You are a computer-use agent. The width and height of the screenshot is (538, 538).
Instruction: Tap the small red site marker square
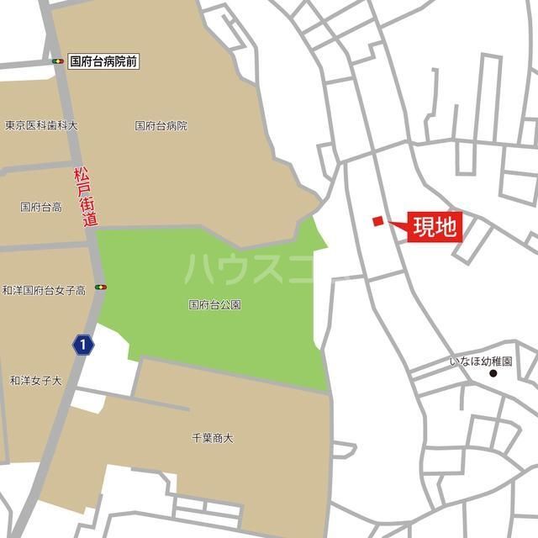[377, 221]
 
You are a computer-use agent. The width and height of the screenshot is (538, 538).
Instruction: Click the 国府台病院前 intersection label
[104, 61]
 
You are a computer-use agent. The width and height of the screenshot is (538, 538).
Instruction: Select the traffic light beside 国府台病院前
[57, 61]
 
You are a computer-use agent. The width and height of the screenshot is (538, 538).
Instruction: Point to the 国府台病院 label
[161, 126]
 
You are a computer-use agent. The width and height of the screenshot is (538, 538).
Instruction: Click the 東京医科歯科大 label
[40, 125]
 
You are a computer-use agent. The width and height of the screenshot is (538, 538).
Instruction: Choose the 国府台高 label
[40, 206]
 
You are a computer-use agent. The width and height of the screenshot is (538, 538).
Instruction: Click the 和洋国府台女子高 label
[44, 290]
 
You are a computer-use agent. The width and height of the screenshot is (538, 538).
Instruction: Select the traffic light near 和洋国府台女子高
[102, 287]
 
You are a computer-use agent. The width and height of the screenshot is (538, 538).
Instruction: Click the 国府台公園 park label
[214, 304]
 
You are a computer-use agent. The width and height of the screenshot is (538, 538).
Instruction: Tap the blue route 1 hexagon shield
[82, 344]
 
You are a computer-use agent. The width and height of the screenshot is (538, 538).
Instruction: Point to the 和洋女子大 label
[35, 381]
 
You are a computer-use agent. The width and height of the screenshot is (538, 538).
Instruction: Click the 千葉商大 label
[213, 438]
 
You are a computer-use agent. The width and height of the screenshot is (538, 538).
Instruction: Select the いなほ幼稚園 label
[480, 361]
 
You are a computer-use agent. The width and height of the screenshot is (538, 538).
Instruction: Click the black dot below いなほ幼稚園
[493, 373]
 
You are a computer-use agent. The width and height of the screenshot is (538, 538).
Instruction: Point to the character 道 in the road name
[91, 220]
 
